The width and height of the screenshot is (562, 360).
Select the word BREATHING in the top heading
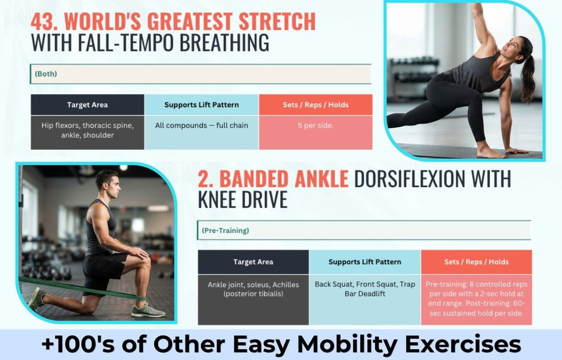coord(224,43)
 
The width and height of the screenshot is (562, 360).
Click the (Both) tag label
coord(46,74)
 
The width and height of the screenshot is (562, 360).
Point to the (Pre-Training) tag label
coord(225,230)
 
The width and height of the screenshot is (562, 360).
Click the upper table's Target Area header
coord(87,105)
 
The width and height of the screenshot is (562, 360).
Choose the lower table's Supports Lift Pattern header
coord(365,262)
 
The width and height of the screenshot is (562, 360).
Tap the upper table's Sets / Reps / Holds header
coord(316,105)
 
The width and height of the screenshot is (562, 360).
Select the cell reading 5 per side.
coord(316,132)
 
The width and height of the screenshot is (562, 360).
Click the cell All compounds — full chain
coord(201,132)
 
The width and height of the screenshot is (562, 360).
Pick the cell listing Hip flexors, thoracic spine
coord(87,132)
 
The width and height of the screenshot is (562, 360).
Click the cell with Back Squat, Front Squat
coord(365,300)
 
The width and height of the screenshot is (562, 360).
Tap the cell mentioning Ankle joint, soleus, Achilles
coord(253,300)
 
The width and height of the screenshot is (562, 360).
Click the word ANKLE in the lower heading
coord(321,179)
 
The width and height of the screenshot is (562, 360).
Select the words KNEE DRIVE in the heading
coord(243,199)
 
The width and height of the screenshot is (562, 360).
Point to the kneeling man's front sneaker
coord(148,310)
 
